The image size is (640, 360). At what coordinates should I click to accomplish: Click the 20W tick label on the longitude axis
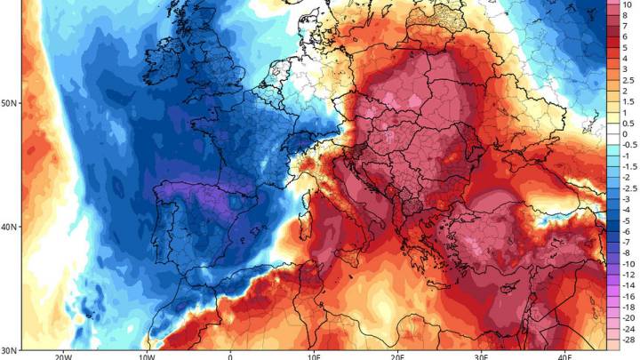click(61, 356)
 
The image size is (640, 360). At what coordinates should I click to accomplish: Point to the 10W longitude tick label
click(146, 356)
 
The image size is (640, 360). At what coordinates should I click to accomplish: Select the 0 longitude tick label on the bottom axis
click(230, 356)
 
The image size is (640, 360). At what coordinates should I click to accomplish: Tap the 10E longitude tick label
click(314, 356)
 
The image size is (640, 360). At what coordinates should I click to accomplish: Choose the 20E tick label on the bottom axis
click(398, 356)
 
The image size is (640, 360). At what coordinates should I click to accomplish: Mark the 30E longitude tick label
click(482, 356)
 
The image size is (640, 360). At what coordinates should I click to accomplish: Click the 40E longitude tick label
click(565, 356)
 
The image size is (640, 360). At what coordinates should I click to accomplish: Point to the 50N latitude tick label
click(9, 104)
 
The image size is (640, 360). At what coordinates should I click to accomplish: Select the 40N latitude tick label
click(9, 228)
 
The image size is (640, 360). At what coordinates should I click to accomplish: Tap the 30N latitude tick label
click(9, 350)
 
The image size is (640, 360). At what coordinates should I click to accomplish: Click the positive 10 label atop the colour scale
click(626, 4)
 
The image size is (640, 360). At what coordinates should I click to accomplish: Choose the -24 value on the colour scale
click(627, 329)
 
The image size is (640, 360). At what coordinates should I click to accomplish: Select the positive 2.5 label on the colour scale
click(627, 80)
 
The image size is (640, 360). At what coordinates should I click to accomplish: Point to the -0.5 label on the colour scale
click(628, 144)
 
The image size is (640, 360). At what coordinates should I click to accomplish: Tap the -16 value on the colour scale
click(627, 296)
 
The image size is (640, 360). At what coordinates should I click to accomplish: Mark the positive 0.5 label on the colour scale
click(627, 123)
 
